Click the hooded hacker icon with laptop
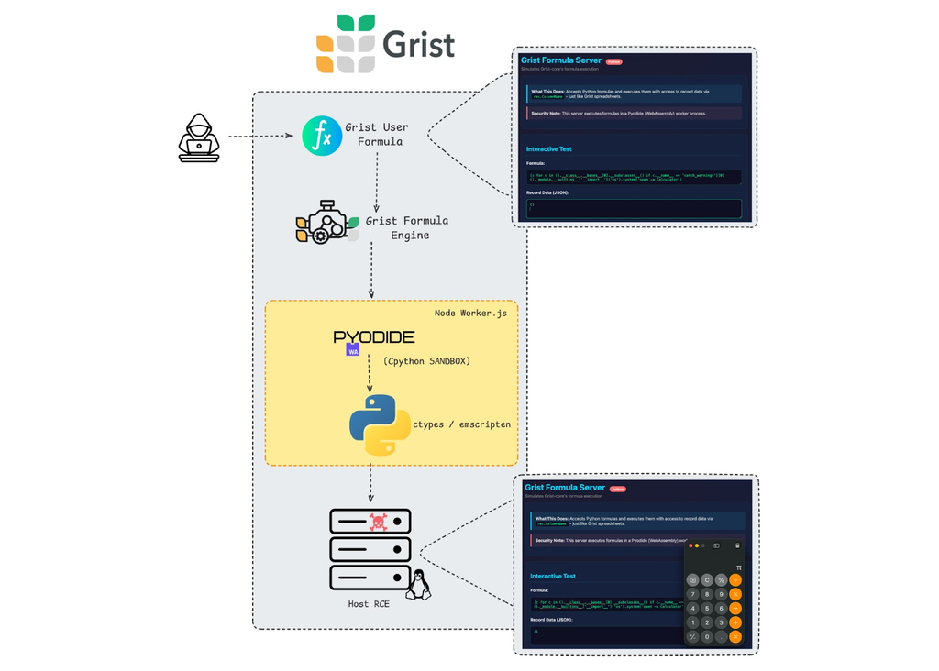(x=199, y=137)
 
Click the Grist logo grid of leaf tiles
(x=346, y=43)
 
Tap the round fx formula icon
(x=322, y=136)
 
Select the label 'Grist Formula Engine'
(x=406, y=227)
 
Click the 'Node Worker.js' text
(x=470, y=313)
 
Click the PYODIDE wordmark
(x=374, y=337)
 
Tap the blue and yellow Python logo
(x=380, y=424)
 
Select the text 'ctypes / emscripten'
(x=461, y=424)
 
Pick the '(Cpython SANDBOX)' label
(x=426, y=361)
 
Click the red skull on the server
(x=378, y=522)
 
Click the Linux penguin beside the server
(x=418, y=585)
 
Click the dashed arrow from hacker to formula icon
(x=260, y=137)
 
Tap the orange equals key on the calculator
(x=735, y=636)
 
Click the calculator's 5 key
(x=707, y=609)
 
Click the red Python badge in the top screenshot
(x=613, y=62)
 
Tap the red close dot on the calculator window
(x=690, y=545)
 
